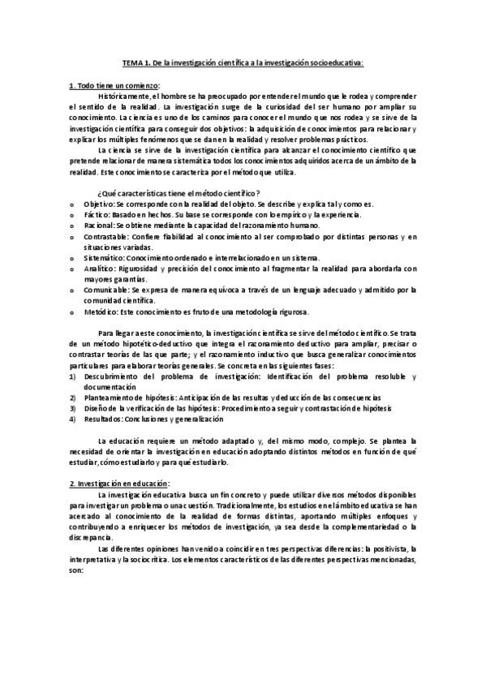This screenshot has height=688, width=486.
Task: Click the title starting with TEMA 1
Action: point(243,62)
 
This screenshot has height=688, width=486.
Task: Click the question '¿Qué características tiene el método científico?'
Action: point(178,192)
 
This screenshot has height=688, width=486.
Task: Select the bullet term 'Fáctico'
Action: point(97,214)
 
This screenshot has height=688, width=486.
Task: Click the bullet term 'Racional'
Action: point(99,225)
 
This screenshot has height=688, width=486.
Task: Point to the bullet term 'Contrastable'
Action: point(106,236)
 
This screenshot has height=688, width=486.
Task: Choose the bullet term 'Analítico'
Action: point(101,268)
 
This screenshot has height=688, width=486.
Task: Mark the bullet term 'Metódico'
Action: point(100,312)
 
